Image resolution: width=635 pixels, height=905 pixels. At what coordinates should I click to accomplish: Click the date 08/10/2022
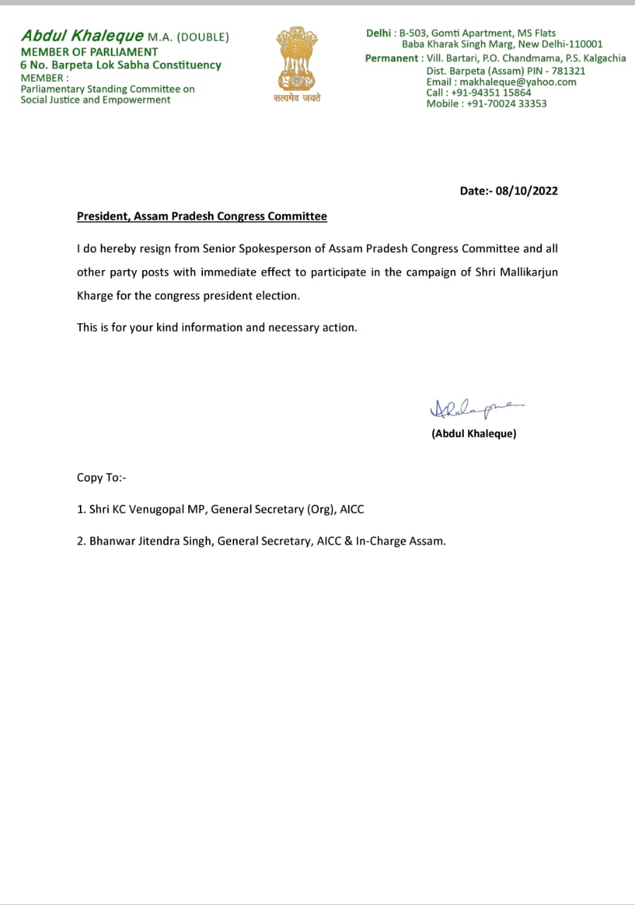coord(527,191)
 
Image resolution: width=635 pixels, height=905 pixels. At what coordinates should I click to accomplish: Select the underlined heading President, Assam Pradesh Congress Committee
coord(202,216)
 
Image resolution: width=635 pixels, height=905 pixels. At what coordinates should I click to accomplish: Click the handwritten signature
coord(474,409)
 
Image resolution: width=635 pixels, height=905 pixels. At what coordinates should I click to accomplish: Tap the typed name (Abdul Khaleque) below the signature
coord(474,433)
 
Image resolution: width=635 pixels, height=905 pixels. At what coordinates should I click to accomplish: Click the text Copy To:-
coord(101,477)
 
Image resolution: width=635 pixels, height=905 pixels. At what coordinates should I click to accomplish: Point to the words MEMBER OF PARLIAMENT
coord(89,52)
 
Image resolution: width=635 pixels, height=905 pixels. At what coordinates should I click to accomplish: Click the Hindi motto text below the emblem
coord(297,99)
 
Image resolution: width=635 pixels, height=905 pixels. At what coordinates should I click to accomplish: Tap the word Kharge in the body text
coord(95,296)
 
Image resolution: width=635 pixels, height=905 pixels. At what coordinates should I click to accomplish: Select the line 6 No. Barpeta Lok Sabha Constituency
coord(120,65)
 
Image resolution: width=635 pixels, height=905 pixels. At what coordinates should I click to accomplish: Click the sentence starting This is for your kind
coord(216,327)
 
